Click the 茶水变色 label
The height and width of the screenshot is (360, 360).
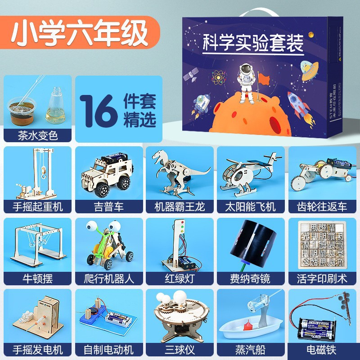pyautogui.click(x=37, y=135)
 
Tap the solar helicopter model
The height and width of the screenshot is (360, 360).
pyautogui.click(x=249, y=173)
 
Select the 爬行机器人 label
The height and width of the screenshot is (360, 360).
pyautogui.click(x=108, y=278)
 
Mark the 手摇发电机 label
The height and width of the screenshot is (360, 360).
pyautogui.click(x=37, y=349)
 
